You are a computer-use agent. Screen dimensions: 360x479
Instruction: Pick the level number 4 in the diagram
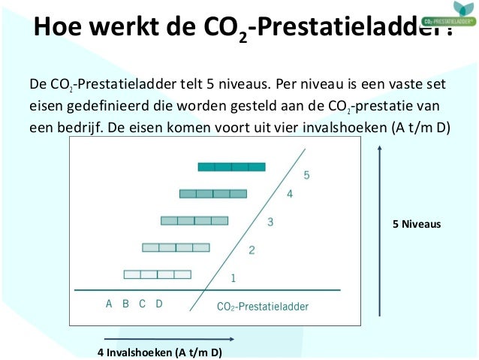(289, 195)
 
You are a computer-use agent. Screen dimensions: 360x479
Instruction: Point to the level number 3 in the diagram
(270, 222)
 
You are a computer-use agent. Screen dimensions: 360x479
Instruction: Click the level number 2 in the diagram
(252, 250)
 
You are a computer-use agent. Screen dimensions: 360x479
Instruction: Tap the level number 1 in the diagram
(233, 277)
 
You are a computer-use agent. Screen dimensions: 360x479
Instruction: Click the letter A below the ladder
(109, 304)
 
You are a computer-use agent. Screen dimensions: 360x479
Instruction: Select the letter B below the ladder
(125, 304)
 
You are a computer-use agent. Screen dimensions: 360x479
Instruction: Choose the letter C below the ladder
(142, 304)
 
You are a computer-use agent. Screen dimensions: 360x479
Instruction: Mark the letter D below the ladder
(159, 304)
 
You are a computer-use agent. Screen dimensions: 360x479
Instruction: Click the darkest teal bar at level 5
(232, 167)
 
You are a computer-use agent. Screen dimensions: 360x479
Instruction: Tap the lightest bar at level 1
(158, 274)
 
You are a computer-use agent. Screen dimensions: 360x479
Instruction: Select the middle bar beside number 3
(194, 220)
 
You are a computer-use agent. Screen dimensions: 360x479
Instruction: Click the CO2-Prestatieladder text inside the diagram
(262, 306)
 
